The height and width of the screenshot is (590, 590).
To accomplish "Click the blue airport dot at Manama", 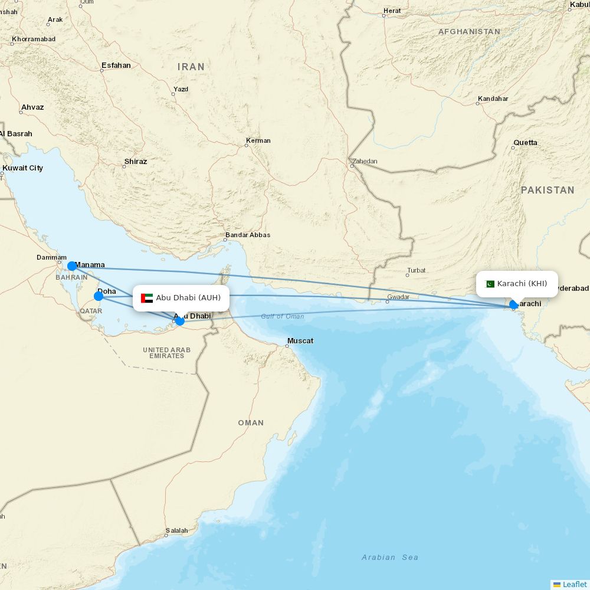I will [72, 266].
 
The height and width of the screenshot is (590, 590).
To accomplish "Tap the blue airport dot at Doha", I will [99, 296].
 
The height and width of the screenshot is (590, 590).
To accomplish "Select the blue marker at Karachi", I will [513, 304].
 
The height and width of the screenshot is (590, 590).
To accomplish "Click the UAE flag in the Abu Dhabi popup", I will [147, 298].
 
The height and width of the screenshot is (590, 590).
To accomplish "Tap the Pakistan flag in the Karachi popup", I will [490, 284].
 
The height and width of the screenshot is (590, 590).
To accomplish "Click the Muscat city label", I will [300, 341].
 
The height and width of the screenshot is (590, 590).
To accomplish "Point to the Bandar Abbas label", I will [247, 235].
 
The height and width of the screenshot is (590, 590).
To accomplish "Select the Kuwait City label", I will [23, 168].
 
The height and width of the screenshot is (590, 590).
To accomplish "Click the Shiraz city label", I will [136, 162].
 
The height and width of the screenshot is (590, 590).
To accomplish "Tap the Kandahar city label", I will [493, 99].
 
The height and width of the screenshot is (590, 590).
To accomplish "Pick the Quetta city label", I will [525, 143].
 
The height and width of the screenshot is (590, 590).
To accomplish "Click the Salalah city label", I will [176, 531].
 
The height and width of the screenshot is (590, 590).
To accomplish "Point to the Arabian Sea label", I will [390, 558].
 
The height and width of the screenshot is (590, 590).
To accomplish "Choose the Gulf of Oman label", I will [283, 317].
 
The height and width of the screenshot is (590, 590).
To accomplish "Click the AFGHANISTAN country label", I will [469, 32].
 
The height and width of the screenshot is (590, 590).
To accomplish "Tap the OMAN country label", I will [251, 423].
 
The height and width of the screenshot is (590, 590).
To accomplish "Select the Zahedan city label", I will [365, 162].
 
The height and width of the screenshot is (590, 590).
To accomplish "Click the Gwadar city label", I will [398, 297].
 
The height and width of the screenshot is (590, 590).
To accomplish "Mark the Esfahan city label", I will [116, 65].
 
